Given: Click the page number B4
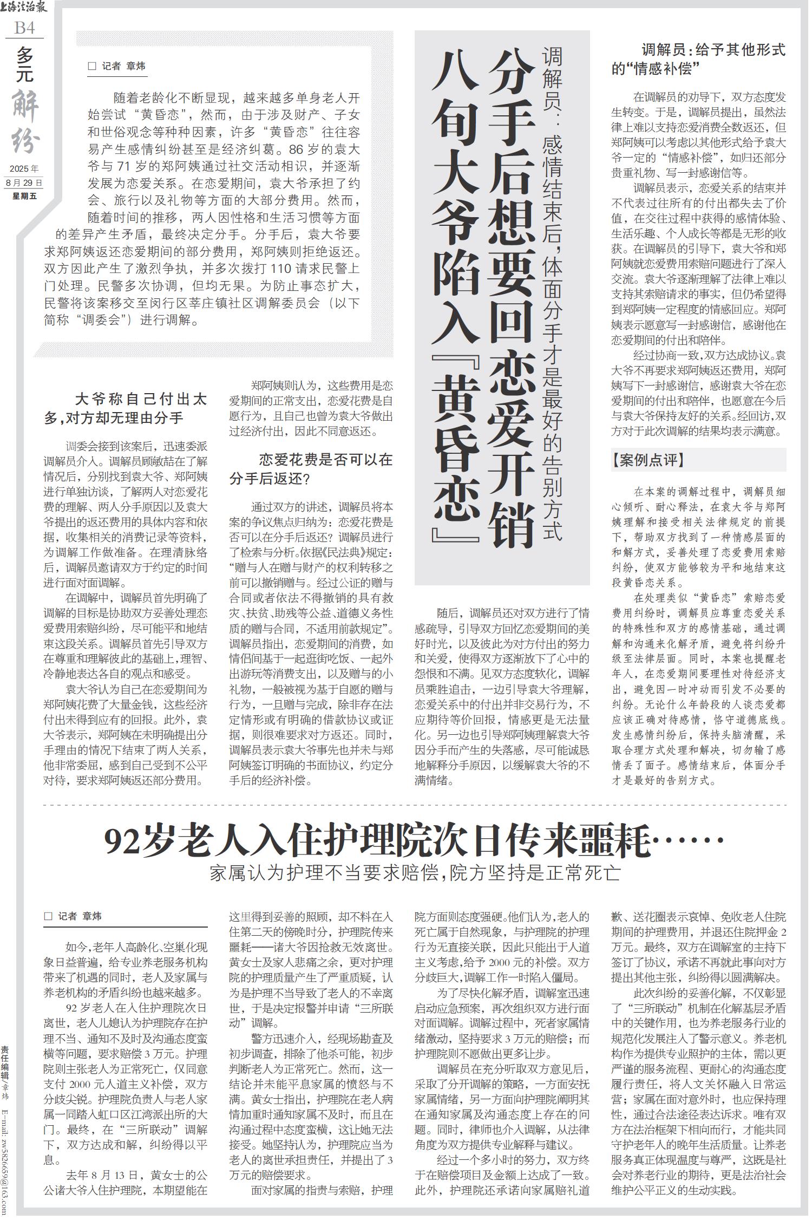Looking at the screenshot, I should [24, 28].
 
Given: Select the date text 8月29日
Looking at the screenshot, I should [24, 183].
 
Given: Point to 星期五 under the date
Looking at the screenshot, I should [24, 196].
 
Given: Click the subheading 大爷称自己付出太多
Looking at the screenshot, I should [126, 408].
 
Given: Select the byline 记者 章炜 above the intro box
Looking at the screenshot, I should [117, 66].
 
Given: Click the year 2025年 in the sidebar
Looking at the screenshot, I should [24, 169].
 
